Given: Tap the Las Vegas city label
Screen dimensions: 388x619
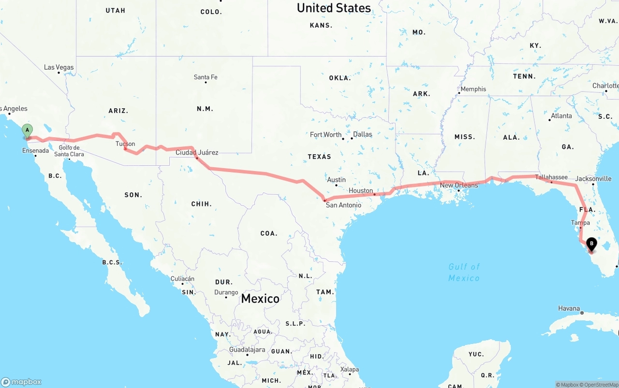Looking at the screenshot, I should point(59,67).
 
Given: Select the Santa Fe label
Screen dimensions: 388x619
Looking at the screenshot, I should point(206,77).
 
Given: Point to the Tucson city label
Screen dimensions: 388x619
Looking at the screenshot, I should point(125,144).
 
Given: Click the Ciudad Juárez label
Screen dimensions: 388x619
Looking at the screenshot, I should point(197,152).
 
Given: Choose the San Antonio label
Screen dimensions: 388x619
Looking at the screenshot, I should point(343,205).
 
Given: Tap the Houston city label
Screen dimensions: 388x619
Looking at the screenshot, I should point(361,190).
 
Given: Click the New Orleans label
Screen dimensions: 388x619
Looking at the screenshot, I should point(459,185).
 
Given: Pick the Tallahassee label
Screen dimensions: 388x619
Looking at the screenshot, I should point(551,177).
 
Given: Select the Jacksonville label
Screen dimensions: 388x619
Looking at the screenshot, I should point(593,178).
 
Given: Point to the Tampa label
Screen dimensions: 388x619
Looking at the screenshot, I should point(580,223).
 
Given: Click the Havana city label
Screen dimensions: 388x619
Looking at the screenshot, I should point(569,308).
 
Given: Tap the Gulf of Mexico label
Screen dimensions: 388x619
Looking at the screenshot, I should point(464,272).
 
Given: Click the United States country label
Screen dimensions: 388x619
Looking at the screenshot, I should point(334,8).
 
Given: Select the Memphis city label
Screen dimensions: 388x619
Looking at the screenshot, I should point(473,89).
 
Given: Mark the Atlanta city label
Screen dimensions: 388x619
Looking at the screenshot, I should point(561,115).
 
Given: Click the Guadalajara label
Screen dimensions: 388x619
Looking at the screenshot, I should point(247,349).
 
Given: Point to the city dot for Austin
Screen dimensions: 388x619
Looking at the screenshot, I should point(336,185).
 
